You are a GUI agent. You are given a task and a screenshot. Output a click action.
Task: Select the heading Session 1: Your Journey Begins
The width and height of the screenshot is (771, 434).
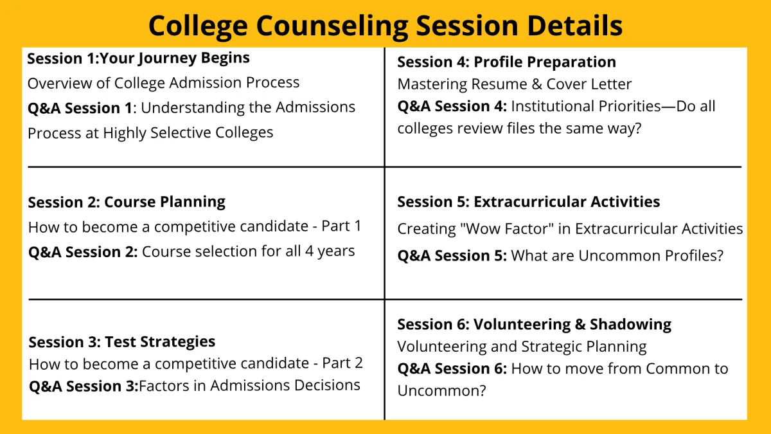pos(138,59)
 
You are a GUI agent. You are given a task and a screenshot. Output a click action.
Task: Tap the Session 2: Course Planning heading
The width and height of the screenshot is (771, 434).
pos(127,202)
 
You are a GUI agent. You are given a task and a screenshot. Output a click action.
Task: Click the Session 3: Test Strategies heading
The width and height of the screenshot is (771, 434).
pos(122,342)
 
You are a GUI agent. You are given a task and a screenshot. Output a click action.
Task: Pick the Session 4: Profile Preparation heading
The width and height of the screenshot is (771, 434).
pos(507,62)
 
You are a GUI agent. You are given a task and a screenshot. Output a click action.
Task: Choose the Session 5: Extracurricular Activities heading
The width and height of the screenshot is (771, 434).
pos(529,202)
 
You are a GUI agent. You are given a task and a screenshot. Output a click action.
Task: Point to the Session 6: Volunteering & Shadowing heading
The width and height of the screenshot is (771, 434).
pos(534,325)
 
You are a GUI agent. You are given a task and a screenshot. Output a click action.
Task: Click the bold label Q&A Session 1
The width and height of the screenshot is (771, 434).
pos(80,108)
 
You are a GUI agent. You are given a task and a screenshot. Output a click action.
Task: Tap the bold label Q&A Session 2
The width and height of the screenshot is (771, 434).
pos(83,252)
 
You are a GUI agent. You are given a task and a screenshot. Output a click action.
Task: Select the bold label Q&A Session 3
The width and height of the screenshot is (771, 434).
pos(84,386)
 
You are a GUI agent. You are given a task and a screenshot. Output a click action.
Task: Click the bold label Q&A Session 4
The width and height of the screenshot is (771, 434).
pos(452,107)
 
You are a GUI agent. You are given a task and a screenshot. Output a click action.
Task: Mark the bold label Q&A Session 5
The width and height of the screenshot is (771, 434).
pos(452,256)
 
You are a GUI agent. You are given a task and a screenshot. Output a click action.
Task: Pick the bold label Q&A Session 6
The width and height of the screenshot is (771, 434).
pos(452,369)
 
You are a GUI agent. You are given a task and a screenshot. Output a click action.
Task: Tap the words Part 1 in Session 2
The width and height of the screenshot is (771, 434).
pos(341,226)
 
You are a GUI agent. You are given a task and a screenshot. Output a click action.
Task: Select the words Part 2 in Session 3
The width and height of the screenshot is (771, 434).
pos(342,363)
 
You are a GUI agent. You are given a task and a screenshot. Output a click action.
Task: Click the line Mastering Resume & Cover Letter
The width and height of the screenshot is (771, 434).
pos(515,84)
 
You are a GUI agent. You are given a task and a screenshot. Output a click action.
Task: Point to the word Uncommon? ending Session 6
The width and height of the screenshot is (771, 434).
pos(441,391)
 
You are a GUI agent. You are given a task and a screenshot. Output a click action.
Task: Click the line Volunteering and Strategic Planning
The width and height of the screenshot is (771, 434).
pos(522,347)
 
